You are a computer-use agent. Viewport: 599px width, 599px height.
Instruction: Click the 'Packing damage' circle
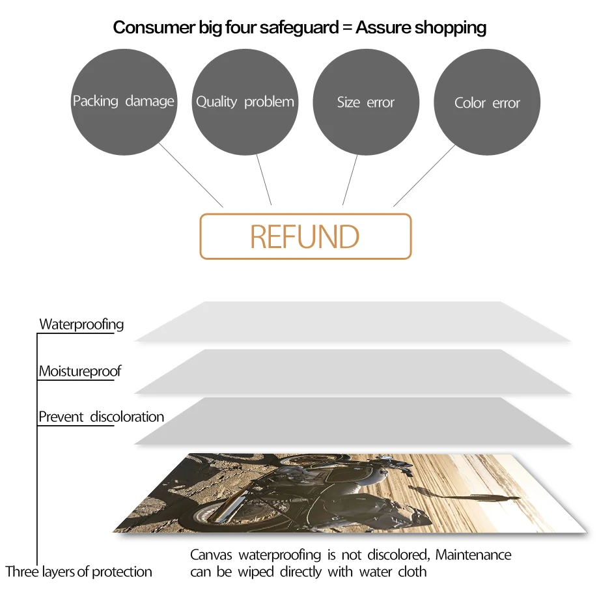pos(123,102)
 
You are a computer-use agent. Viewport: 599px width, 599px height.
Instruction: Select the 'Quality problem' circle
pos(245,102)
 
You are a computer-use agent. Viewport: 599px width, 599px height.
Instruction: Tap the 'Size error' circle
pos(365,102)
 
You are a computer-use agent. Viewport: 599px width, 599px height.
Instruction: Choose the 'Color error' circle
pos(487,103)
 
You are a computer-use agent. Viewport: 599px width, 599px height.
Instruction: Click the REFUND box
pos(305,236)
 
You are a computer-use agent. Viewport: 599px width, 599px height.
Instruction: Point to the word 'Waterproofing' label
pos(81,324)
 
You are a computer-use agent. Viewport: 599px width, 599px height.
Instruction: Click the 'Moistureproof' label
pos(79,372)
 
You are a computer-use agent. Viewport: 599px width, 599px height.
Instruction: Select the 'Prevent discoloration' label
pos(101,417)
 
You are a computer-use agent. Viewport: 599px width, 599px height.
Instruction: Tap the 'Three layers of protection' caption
pos(79,572)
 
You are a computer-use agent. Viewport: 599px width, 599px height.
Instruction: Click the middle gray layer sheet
pos(352,371)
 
